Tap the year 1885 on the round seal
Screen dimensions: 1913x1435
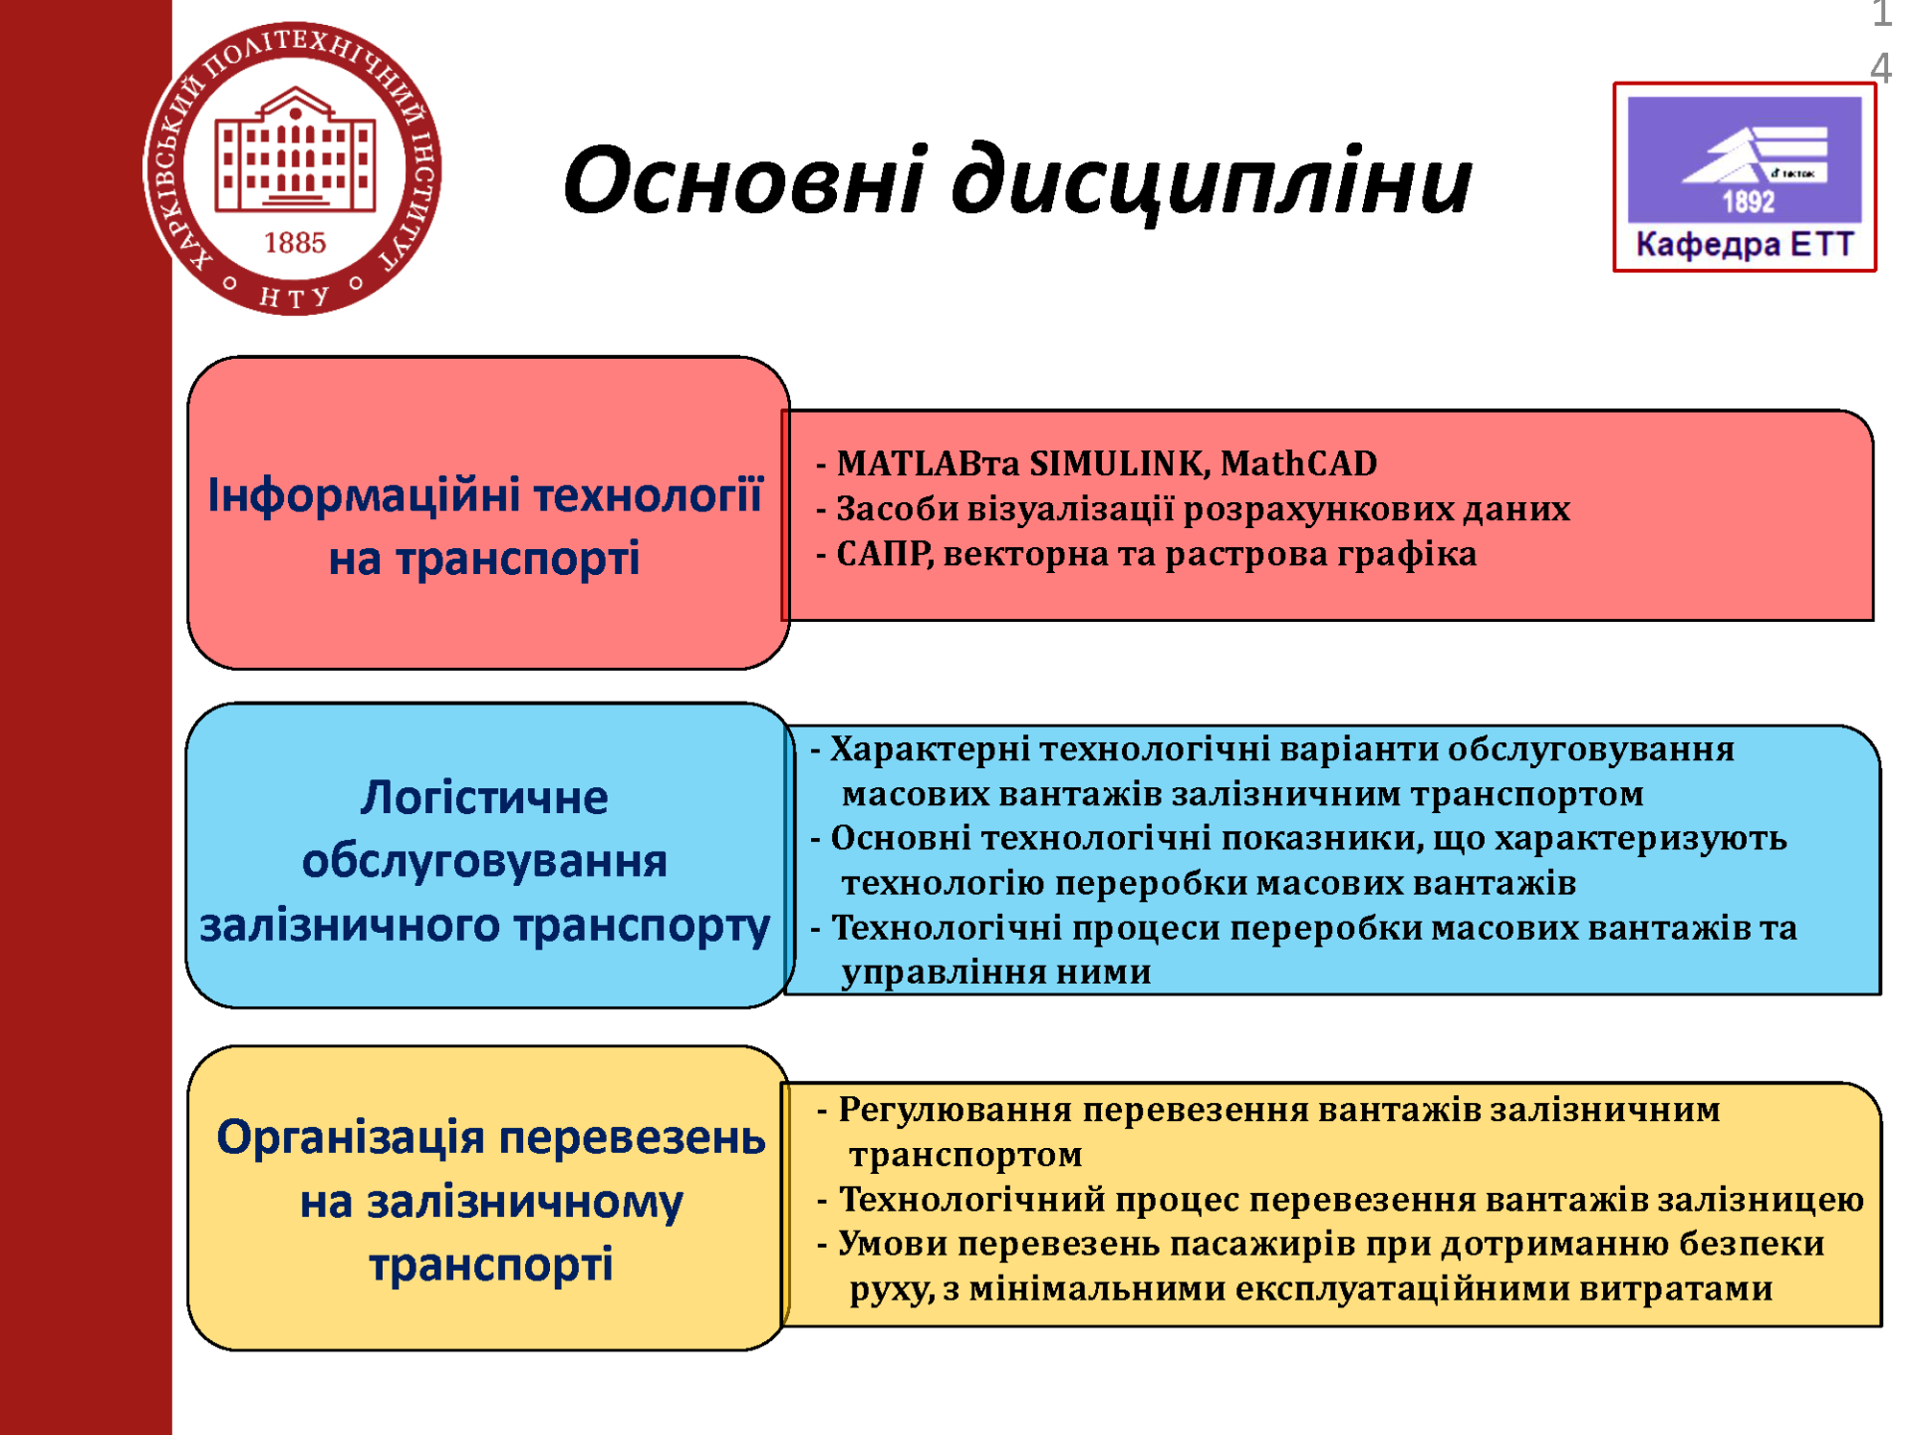point(295,243)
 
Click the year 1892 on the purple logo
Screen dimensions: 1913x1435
point(1749,201)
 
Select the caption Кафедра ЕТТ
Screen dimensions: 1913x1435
point(1745,245)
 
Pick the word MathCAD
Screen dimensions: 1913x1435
point(1298,463)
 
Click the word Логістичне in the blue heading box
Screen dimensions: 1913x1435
point(484,797)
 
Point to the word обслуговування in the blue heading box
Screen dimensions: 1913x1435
point(484,861)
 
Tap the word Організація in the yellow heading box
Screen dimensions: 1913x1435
point(351,1138)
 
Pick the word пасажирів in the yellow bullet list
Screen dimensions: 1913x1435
point(1262,1245)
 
